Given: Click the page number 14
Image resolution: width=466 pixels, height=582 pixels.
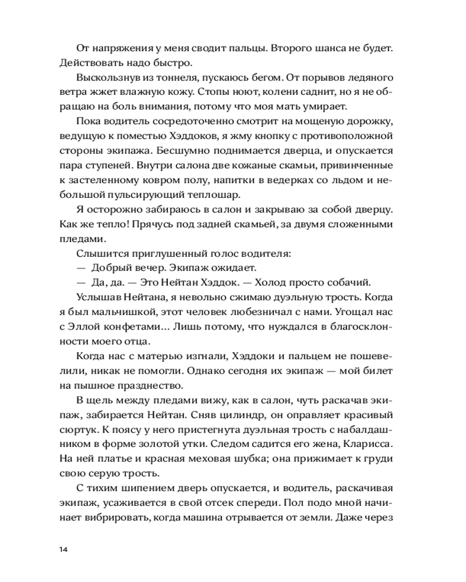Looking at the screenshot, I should pos(63,549).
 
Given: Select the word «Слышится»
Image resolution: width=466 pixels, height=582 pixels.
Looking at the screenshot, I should pos(99,254).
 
